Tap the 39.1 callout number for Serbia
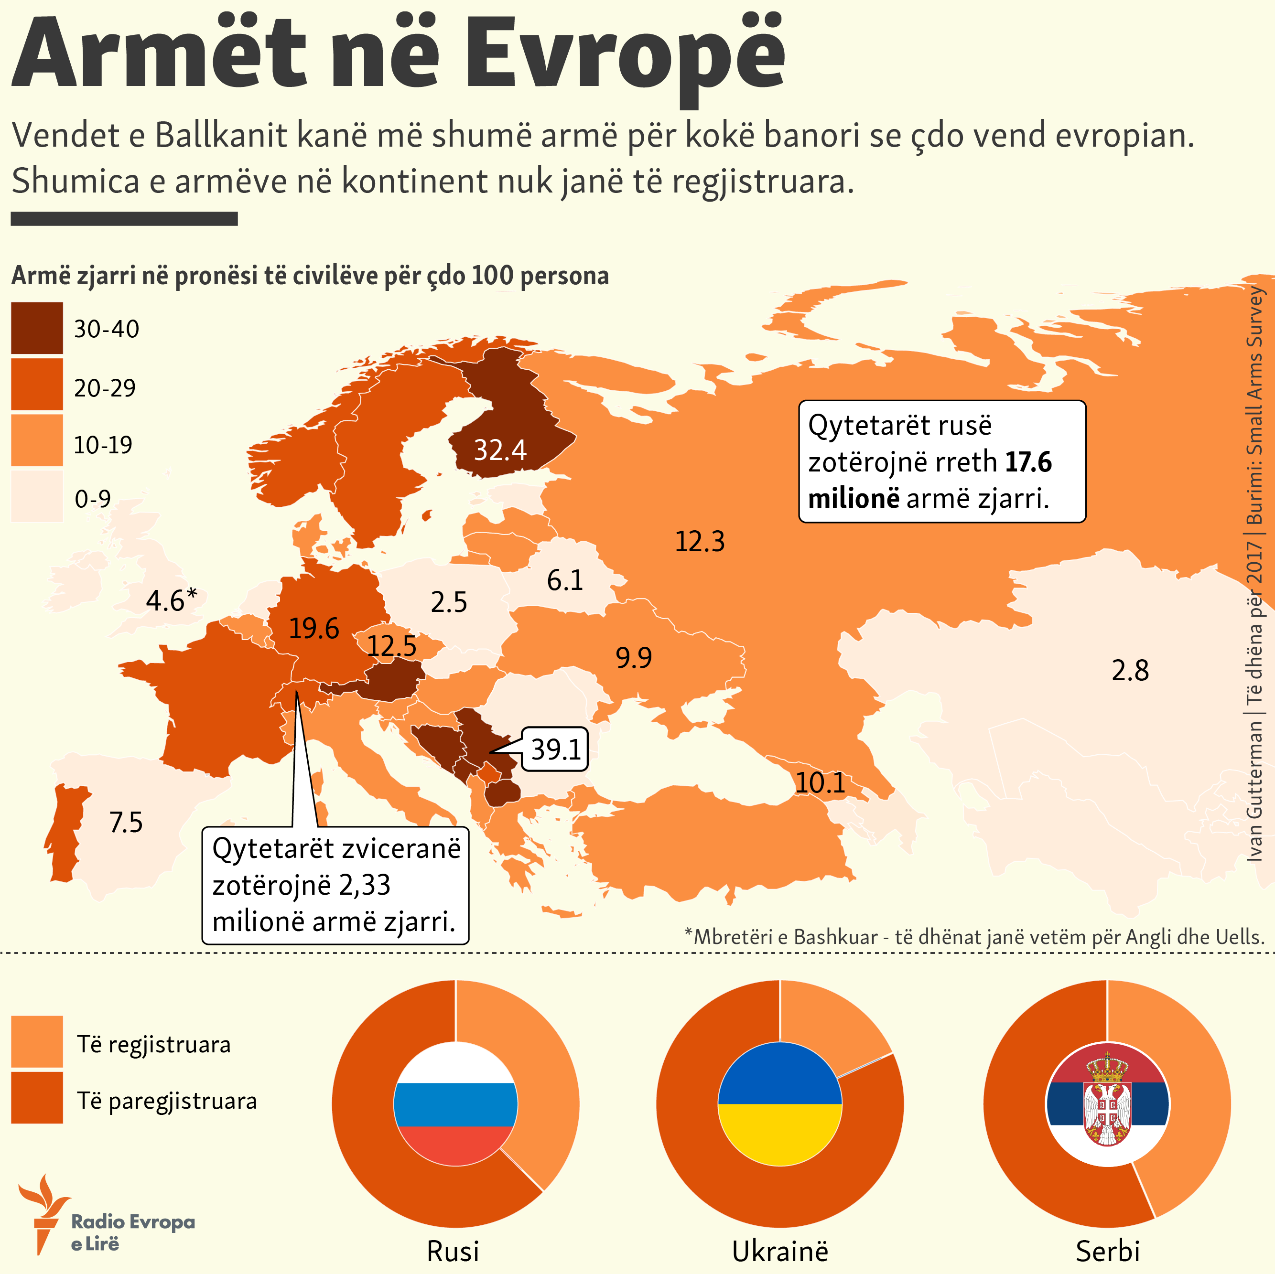click(x=556, y=749)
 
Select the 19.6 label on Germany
click(x=313, y=629)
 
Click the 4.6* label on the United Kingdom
click(x=171, y=600)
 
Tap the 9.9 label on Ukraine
click(x=634, y=658)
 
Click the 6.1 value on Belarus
click(x=565, y=580)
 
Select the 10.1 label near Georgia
click(x=820, y=783)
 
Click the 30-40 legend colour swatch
click(x=37, y=328)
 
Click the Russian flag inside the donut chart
click(x=455, y=1104)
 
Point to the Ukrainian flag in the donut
click(x=779, y=1104)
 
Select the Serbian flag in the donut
click(x=1107, y=1104)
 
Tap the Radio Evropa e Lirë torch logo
click(x=43, y=1214)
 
